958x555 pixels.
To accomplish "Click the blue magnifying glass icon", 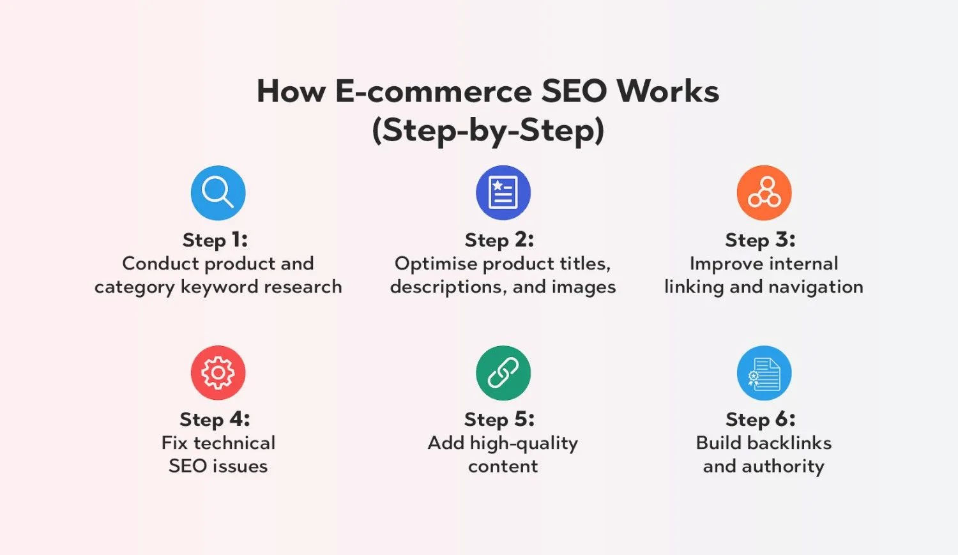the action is [x=218, y=193].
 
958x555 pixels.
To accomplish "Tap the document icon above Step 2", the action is [x=503, y=193].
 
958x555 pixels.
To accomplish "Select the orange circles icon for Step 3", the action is [x=764, y=193].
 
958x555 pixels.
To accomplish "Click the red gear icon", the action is [x=218, y=373].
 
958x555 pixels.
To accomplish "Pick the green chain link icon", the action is [x=503, y=373].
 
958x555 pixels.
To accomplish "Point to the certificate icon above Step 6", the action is [x=764, y=373].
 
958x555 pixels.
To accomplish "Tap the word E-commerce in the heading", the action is [x=434, y=91].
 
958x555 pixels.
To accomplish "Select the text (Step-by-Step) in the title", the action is [x=488, y=131].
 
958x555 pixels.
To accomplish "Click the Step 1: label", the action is [x=215, y=240].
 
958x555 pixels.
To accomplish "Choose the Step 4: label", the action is [x=215, y=420].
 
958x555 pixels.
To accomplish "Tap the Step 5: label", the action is [x=499, y=420].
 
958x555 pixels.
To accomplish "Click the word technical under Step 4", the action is [x=235, y=443].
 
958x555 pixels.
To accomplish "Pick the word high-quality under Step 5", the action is [x=524, y=444].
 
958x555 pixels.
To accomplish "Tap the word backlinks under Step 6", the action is [x=789, y=443].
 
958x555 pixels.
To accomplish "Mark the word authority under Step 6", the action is [x=783, y=467].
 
